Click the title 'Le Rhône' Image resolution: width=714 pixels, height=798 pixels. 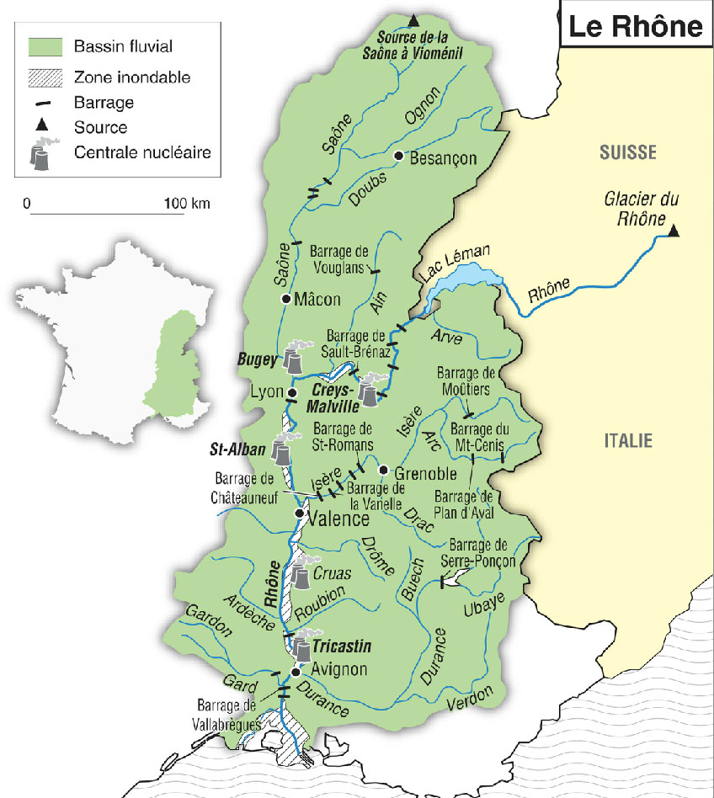coord(635,26)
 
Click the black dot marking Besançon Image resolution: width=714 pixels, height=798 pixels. coord(399,157)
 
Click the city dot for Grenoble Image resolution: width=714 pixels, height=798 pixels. coord(383,470)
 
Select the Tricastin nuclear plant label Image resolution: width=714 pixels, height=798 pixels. coord(342,647)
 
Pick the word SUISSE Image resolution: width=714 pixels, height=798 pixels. coord(627,152)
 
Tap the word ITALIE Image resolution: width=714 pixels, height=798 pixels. coord(629,439)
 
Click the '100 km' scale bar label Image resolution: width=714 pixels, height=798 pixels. coord(187,204)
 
